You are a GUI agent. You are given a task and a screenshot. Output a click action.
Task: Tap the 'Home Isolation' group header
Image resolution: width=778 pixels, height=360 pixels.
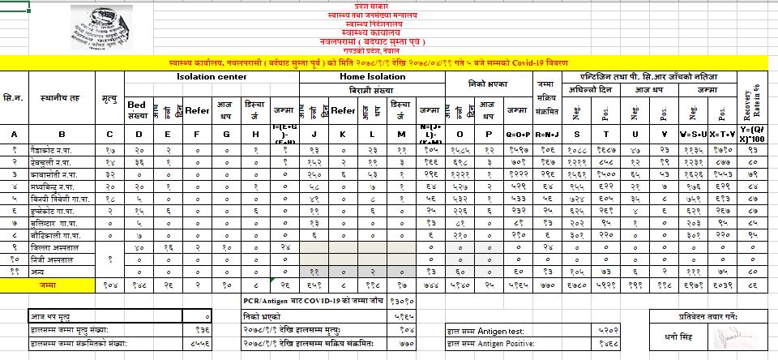click(x=367, y=77)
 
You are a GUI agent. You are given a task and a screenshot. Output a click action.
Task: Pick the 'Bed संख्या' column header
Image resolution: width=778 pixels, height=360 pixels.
click(x=137, y=109)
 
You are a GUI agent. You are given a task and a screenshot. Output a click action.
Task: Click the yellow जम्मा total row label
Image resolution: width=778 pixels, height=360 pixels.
click(x=63, y=284)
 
